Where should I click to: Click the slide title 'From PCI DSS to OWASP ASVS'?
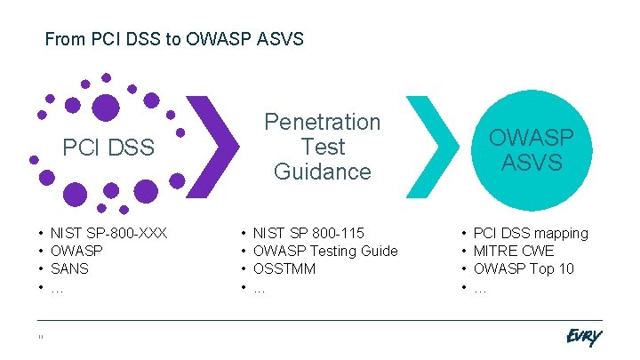[174, 39]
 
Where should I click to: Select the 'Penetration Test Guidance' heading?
[322, 147]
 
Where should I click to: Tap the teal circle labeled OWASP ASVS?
[532, 148]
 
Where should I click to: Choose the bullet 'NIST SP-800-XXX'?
[108, 233]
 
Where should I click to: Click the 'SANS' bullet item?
[70, 268]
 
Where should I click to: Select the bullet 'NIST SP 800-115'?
[308, 233]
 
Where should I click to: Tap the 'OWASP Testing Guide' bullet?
[325, 251]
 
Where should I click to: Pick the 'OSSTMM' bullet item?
[284, 268]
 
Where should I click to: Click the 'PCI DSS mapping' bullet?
[531, 233]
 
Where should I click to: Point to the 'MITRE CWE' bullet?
[514, 251]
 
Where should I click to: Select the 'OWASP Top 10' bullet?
[524, 268]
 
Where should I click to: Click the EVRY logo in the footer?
[583, 337]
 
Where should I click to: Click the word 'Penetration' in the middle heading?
[322, 122]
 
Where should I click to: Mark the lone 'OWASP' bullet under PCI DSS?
[77, 251]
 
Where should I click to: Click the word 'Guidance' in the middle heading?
[322, 172]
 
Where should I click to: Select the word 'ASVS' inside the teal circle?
[532, 163]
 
